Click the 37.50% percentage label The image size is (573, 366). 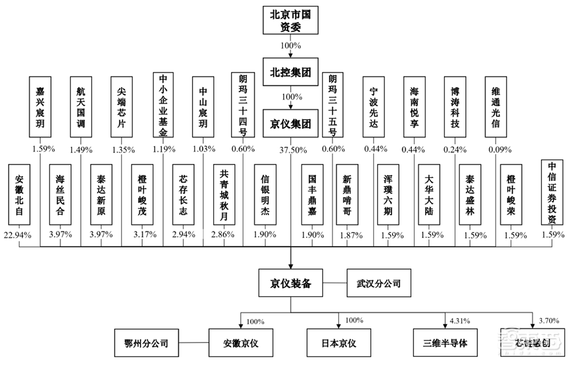tap(292, 149)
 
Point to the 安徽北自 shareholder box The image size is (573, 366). tap(19, 195)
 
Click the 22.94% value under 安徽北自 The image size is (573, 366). tap(19, 235)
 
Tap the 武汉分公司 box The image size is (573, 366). tap(379, 283)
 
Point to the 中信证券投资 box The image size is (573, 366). tap(554, 191)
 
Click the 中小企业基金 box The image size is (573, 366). tap(163, 105)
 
